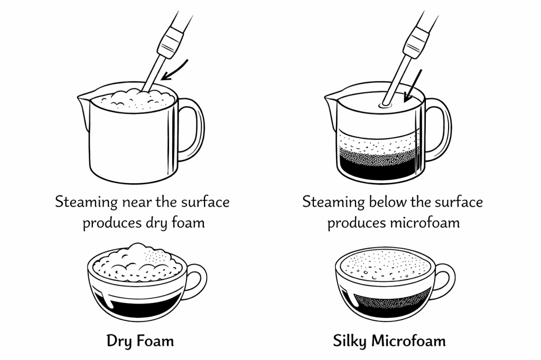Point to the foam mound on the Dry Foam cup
(137, 261)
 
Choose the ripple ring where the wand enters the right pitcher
(386, 105)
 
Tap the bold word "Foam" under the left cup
(155, 341)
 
